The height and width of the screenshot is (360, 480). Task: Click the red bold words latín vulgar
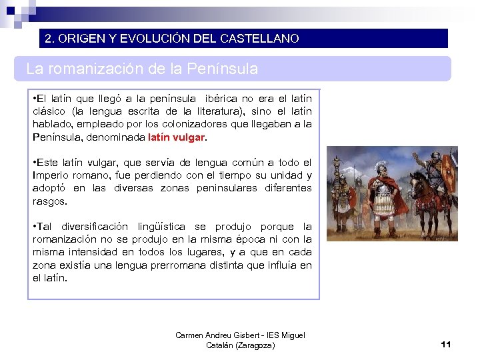[177, 137]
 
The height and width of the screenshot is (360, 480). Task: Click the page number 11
[446, 344]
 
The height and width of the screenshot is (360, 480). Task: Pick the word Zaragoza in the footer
[251, 345]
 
